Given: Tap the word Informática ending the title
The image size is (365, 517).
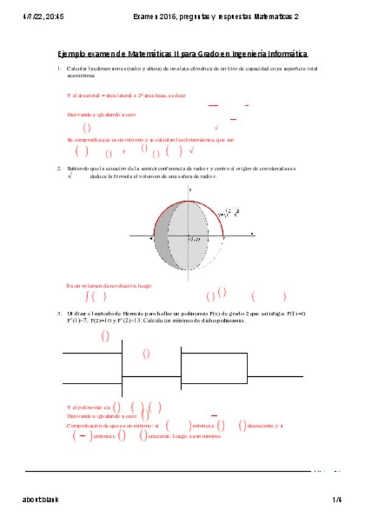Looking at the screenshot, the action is [x=285, y=54].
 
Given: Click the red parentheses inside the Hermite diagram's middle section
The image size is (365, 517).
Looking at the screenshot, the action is [x=146, y=353].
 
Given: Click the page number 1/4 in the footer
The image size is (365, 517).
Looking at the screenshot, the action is [x=337, y=499].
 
